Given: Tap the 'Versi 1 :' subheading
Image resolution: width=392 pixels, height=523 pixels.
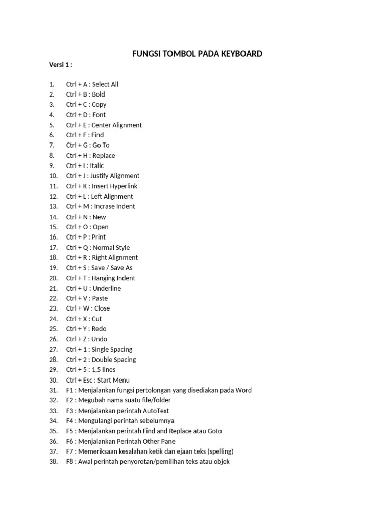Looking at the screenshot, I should [61, 65].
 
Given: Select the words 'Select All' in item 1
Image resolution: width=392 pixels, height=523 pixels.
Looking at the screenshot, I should [105, 84].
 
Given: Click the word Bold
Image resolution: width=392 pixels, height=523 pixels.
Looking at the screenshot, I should [99, 94].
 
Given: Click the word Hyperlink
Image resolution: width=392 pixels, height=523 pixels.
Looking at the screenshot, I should [122, 186].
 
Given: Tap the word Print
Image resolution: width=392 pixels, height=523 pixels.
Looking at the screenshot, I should [99, 237].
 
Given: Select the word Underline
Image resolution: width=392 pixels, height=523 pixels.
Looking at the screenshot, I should [107, 288].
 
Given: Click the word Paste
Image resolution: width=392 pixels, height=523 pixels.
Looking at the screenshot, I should [100, 298].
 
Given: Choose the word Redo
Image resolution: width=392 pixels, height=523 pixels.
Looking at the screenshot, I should [99, 329].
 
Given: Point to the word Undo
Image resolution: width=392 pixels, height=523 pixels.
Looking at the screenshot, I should [100, 339].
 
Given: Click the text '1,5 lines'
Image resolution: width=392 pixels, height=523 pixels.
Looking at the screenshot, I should [104, 370].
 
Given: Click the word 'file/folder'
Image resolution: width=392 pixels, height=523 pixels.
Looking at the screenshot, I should [154, 400].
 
